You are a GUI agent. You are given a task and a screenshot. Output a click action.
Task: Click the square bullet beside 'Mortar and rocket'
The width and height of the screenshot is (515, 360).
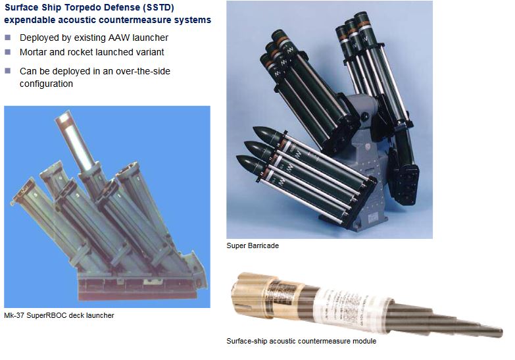coord(8,52)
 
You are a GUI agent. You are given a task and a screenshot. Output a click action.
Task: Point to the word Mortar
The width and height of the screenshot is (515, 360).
coord(31,52)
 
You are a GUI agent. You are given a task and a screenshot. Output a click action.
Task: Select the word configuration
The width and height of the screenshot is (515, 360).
coord(46,84)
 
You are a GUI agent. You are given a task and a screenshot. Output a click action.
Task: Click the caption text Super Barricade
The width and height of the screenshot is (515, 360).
coord(253,245)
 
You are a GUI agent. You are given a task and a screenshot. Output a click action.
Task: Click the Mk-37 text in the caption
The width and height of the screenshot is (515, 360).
coord(14,315)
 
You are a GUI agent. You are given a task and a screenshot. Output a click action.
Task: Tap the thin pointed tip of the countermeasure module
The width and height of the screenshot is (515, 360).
coord(499,332)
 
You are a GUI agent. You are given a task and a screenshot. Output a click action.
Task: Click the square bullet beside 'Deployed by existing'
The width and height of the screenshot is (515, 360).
coord(8,38)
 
